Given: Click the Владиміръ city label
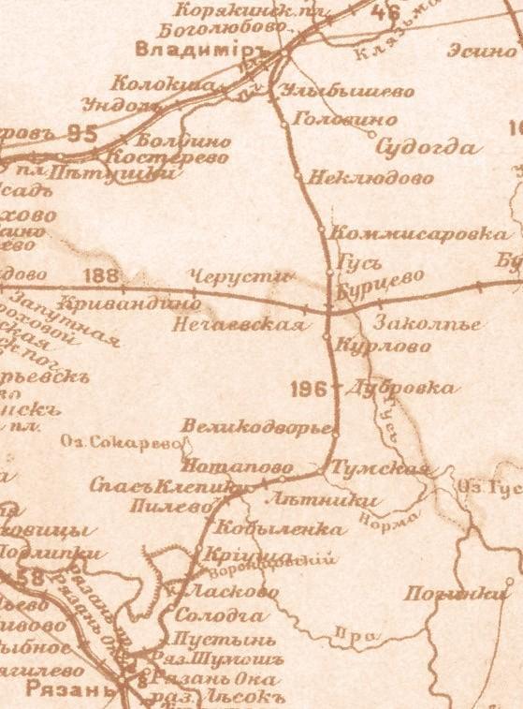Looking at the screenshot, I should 195,49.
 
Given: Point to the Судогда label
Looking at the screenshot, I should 427,147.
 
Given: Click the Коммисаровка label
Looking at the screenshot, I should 422,233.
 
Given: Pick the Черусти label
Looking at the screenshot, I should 240,275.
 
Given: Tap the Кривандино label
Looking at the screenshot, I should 129,304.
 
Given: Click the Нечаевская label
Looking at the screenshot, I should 239,325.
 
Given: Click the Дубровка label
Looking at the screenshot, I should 400,388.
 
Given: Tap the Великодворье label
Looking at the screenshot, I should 257,427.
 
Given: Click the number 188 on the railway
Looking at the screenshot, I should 102,275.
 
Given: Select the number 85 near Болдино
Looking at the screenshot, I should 81,134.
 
